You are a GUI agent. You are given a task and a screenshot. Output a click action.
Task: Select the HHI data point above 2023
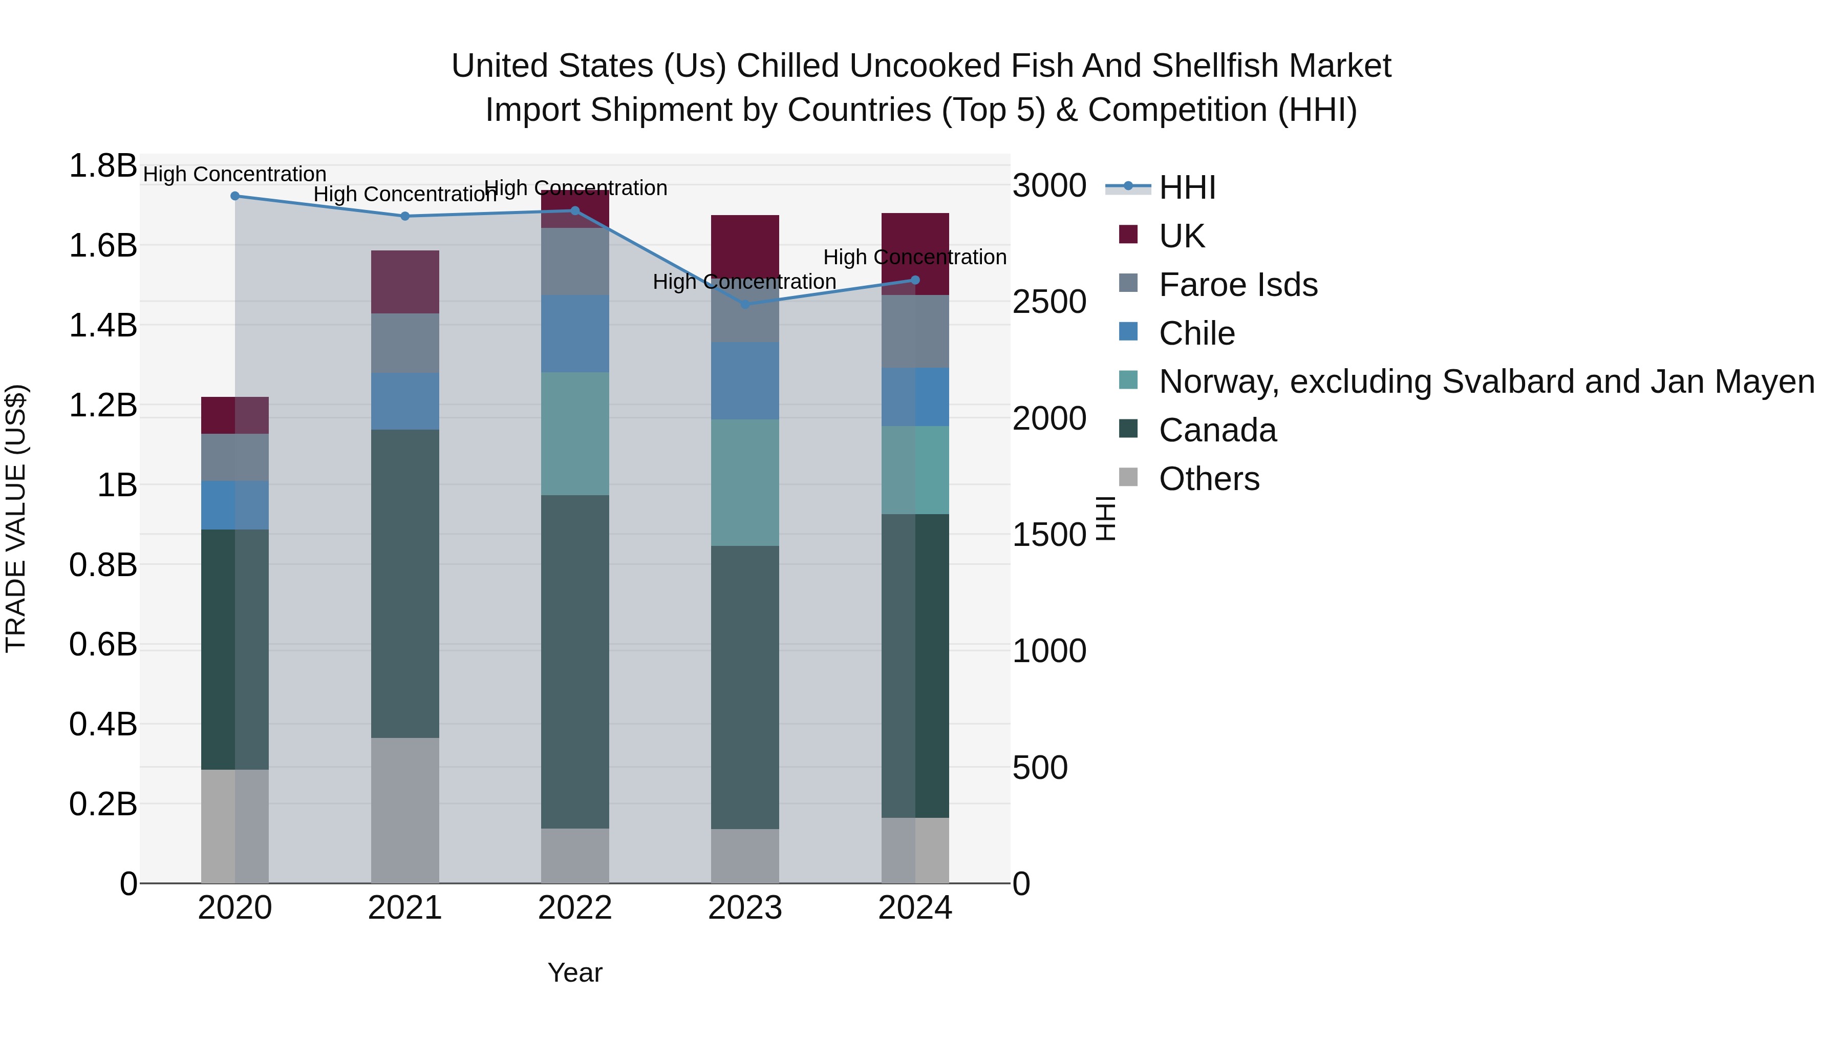tap(745, 304)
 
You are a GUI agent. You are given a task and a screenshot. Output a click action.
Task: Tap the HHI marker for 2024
tap(915, 280)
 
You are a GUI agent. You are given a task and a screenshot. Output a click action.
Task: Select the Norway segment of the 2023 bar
tap(745, 482)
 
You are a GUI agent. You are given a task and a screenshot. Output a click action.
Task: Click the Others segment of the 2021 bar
tap(405, 810)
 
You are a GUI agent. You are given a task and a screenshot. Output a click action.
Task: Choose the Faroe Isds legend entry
tap(1238, 284)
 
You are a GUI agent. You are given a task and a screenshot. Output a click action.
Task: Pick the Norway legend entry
tap(1486, 382)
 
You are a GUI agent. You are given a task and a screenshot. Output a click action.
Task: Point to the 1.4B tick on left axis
tap(102, 325)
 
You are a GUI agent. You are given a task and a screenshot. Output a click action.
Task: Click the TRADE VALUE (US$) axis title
tap(16, 518)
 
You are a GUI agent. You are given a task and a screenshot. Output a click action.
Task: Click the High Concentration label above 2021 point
tap(405, 194)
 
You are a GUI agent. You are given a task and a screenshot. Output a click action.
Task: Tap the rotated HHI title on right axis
tap(1105, 518)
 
